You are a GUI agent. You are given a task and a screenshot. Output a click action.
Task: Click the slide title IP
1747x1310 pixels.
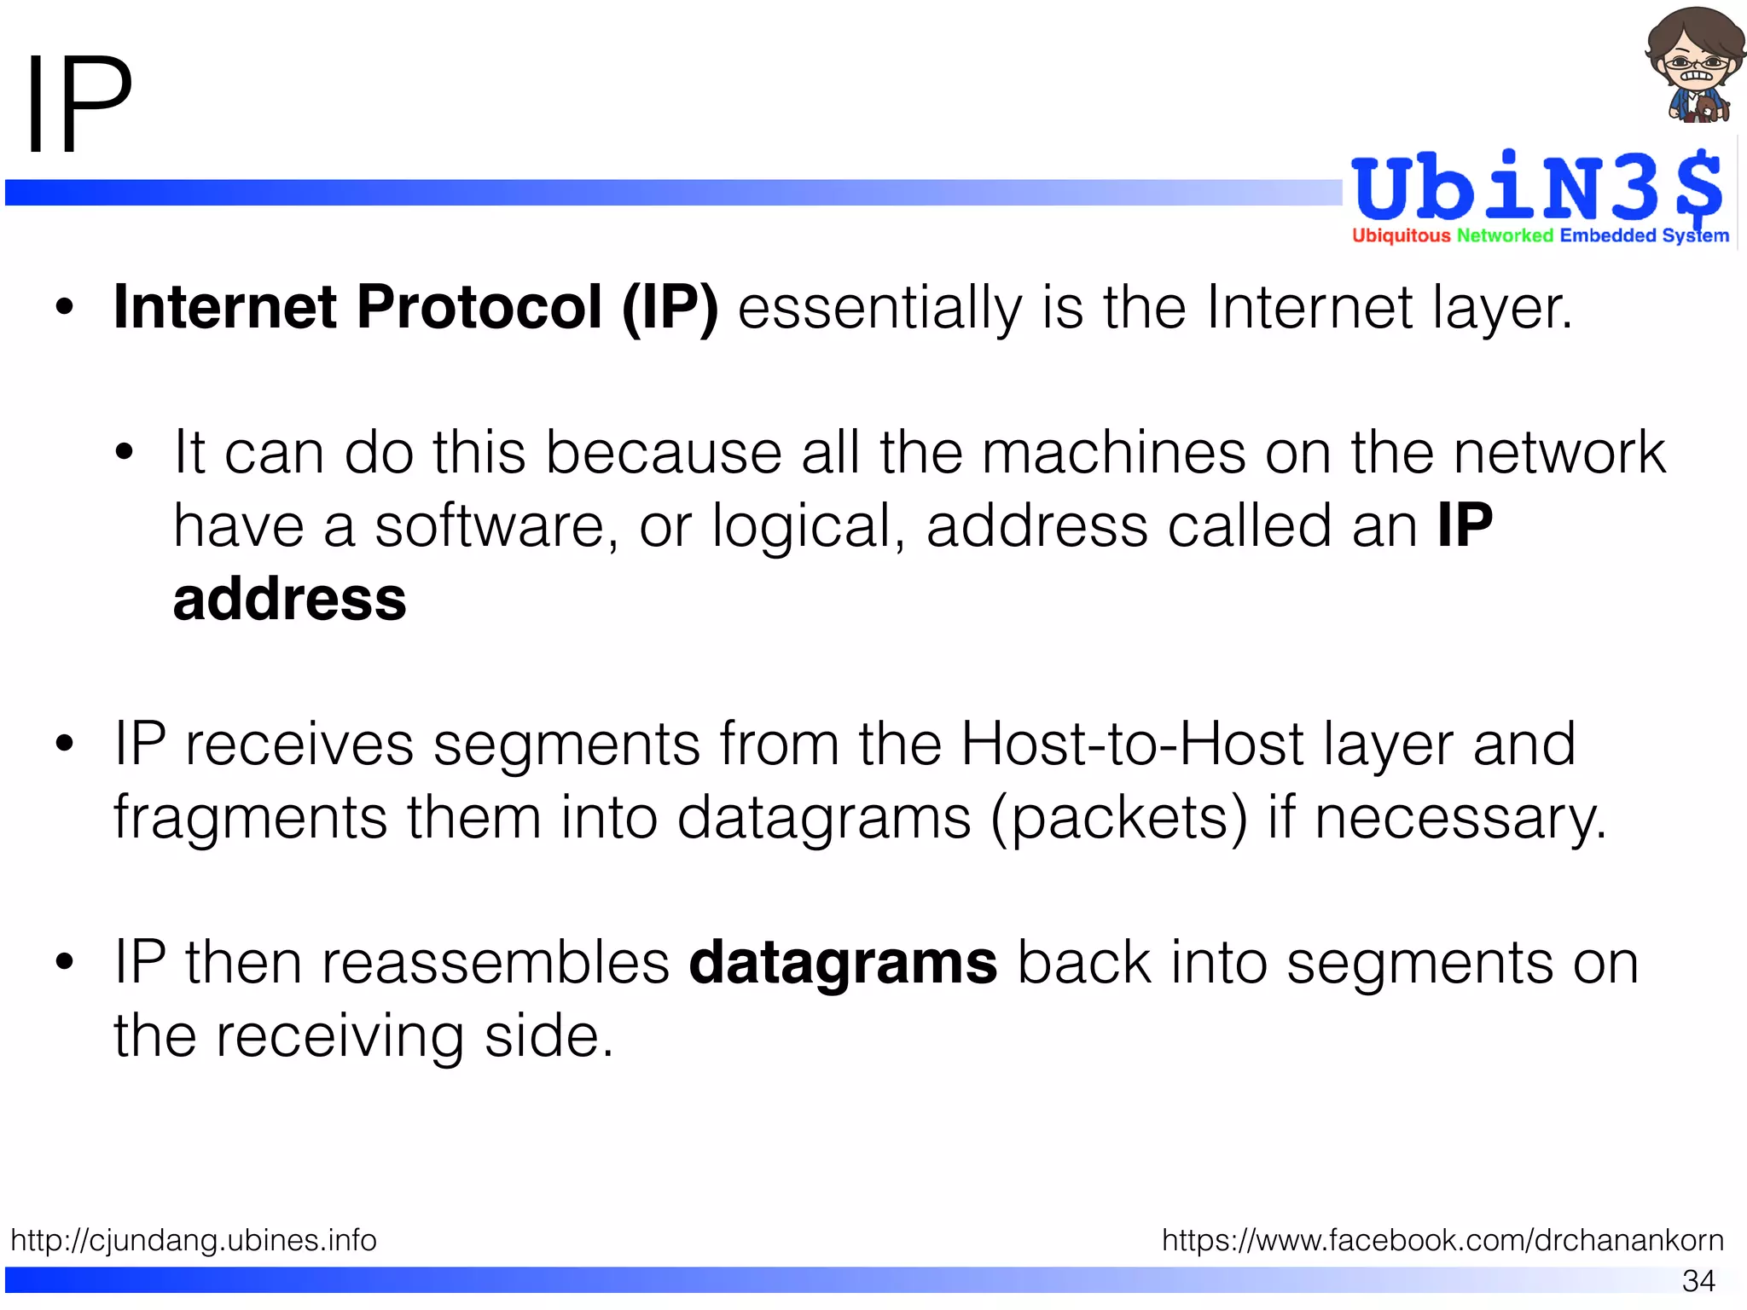pos(79,104)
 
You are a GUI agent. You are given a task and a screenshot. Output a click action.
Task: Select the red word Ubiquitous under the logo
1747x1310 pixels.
pos(1401,235)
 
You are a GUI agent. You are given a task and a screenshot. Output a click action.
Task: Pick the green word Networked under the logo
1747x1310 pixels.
pos(1505,235)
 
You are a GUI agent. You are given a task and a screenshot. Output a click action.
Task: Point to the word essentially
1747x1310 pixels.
pos(879,309)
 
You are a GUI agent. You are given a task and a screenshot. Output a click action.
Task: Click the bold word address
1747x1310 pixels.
pos(290,599)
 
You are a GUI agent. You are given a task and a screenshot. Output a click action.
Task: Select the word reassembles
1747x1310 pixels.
pos(495,963)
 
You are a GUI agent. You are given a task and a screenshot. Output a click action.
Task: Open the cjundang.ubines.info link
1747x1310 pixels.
pos(194,1240)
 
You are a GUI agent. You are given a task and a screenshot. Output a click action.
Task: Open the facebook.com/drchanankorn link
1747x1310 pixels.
pos(1442,1240)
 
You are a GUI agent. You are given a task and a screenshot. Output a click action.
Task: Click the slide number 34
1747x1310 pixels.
pos(1698,1280)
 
